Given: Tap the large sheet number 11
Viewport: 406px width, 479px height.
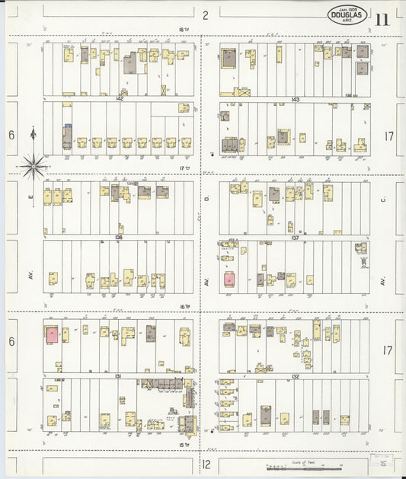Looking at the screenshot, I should (382, 18).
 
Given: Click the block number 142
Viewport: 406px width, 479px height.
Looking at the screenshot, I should (119, 99).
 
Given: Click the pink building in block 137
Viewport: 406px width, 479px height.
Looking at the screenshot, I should (229, 279).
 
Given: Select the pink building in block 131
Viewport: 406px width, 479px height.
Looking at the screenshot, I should (51, 334).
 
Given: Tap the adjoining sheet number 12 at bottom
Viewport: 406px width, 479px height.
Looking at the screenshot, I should (206, 463).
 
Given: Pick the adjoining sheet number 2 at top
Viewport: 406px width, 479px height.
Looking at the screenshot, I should (206, 14).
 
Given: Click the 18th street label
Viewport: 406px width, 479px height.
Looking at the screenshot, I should (182, 29).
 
